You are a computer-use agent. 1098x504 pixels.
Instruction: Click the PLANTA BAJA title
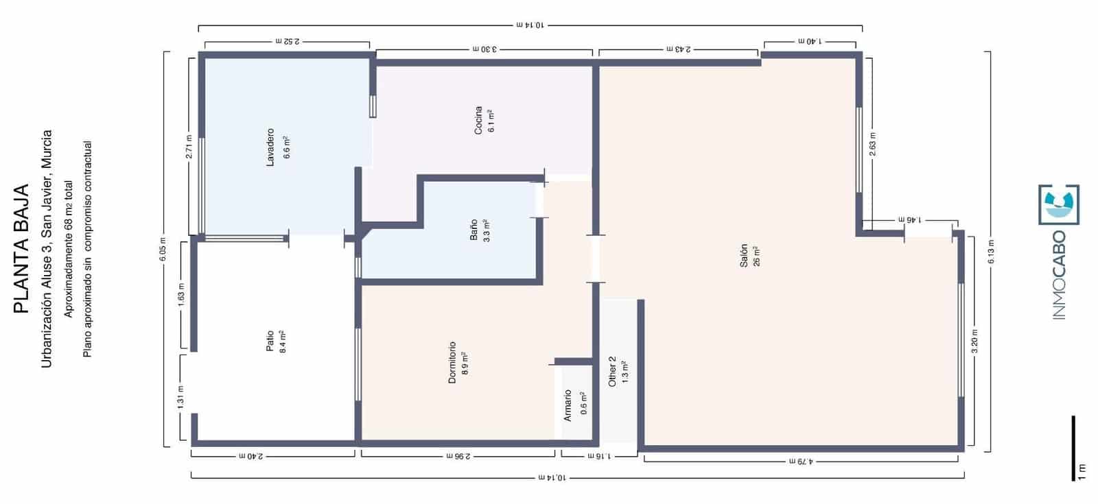tap(21, 249)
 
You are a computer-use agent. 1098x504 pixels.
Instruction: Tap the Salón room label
tap(744, 256)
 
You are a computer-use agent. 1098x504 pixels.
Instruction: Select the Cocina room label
tap(478, 121)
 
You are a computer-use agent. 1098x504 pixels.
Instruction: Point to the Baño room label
tap(474, 228)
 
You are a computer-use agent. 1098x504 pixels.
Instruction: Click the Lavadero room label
tap(270, 147)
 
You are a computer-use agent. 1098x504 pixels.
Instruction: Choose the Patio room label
tap(270, 341)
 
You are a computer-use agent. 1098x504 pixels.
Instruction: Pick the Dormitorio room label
tap(452, 362)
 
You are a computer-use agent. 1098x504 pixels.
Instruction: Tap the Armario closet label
tap(568, 405)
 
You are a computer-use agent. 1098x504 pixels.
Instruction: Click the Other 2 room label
tap(613, 371)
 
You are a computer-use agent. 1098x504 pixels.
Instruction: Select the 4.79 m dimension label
tap(800, 462)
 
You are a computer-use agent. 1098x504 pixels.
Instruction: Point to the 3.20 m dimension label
tap(975, 341)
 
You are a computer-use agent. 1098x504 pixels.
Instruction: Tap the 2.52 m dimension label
tap(287, 42)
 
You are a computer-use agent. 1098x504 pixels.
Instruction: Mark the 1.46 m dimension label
tap(907, 220)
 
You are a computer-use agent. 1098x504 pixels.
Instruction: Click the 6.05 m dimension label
tap(163, 250)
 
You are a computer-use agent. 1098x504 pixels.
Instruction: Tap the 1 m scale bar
tap(1073, 447)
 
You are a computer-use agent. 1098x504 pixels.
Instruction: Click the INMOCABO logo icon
tap(1059, 204)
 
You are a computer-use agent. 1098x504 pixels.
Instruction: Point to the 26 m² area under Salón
tap(757, 256)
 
